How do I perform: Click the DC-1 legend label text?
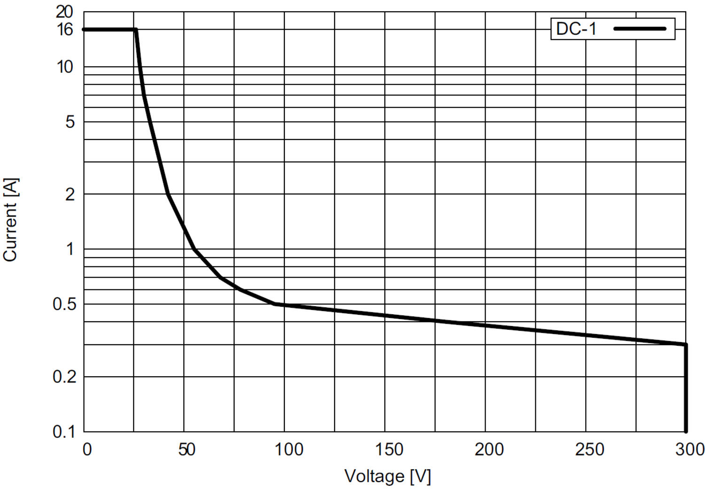576,29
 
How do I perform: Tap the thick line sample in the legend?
640,29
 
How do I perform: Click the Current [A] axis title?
10,219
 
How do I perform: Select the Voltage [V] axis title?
388,476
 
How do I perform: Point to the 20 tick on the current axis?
64,12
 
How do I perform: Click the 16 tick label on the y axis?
64,30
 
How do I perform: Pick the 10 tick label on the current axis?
65,67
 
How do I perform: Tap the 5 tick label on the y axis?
70,122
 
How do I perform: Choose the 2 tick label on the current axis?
70,194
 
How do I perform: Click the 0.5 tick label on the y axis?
64,304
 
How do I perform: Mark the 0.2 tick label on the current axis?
64,377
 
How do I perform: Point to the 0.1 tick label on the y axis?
64,432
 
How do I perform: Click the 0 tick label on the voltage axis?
87,450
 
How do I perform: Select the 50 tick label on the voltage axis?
186,450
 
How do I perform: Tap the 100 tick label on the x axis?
289,450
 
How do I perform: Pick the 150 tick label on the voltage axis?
389,450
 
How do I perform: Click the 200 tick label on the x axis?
489,450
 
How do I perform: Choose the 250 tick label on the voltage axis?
589,450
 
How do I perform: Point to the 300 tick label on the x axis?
689,450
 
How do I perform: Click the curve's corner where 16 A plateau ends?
136,30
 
